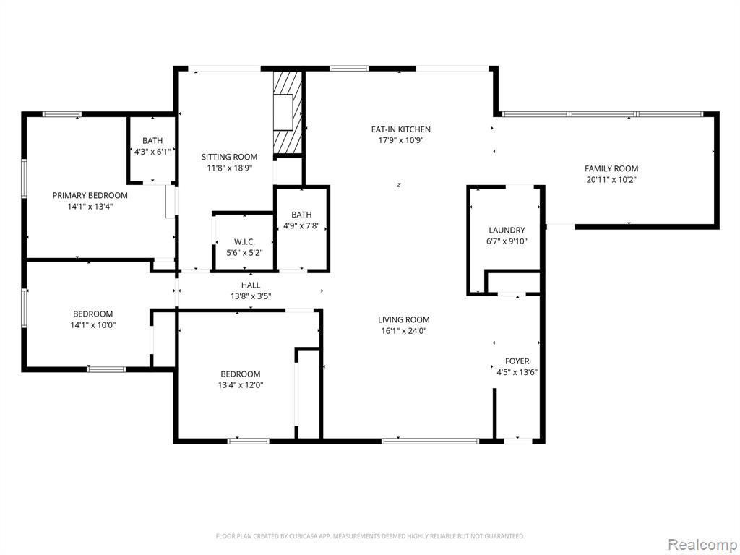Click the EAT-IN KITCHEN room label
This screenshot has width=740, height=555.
(x=400, y=129)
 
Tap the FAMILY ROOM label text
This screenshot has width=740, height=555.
(x=611, y=168)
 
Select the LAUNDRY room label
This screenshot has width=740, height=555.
(x=507, y=231)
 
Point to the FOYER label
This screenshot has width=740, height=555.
(x=517, y=361)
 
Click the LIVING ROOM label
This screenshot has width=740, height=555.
(x=404, y=319)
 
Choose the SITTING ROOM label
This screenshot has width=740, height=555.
(x=229, y=157)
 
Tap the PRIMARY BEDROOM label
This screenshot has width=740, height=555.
(x=90, y=195)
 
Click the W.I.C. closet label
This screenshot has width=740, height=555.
(x=244, y=241)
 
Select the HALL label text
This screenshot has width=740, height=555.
(x=251, y=285)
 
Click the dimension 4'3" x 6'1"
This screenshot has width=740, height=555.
(x=152, y=152)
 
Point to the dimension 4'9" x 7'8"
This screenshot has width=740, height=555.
(x=301, y=225)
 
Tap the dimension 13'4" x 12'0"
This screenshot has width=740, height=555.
(x=241, y=385)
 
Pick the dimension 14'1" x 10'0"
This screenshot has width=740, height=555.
(x=93, y=325)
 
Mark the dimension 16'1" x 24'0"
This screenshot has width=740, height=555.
(x=404, y=331)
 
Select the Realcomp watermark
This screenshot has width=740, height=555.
(x=701, y=544)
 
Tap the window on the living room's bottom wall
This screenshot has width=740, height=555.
(x=431, y=442)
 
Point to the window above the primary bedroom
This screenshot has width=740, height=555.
(x=62, y=114)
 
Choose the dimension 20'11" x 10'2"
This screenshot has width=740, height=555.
(x=611, y=180)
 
